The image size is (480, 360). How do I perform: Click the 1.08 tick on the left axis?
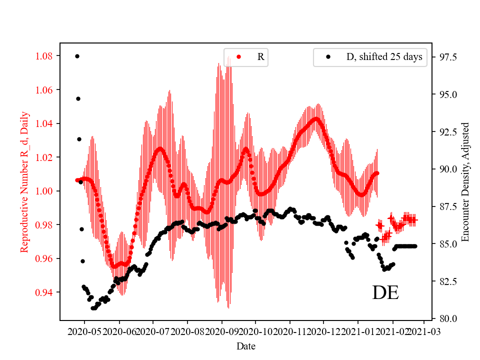(x=44, y=56)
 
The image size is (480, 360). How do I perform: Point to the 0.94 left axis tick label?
(x=44, y=292)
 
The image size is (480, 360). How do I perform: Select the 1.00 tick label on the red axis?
(x=44, y=191)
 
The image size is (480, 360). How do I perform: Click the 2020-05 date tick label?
(x=84, y=330)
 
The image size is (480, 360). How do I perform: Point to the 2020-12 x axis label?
(x=323, y=330)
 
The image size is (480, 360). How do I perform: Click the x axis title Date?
(x=246, y=346)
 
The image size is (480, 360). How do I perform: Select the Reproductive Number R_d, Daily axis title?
(x=24, y=181)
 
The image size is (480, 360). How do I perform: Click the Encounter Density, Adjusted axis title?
(x=465, y=181)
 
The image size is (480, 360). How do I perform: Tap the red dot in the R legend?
(x=238, y=57)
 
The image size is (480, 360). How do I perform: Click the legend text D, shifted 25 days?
(x=384, y=57)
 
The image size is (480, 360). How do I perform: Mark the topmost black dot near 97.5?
(x=77, y=56)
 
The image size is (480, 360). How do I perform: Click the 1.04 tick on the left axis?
(x=44, y=123)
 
